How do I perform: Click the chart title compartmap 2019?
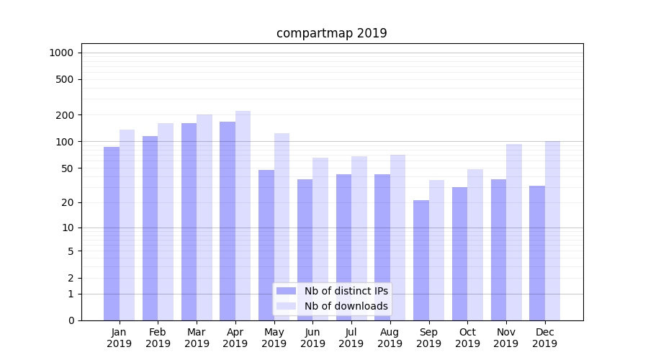click(331, 33)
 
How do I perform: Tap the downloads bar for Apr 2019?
click(243, 216)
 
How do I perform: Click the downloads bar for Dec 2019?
click(552, 230)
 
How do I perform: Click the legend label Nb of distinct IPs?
click(346, 291)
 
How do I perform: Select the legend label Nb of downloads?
click(346, 306)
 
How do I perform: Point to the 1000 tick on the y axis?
click(61, 53)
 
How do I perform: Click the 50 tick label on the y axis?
click(68, 168)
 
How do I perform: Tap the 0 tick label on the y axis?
click(71, 320)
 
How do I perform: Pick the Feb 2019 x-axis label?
click(158, 338)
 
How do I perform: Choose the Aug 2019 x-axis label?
click(390, 338)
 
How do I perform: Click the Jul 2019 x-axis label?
click(351, 338)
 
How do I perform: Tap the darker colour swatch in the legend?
click(286, 291)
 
